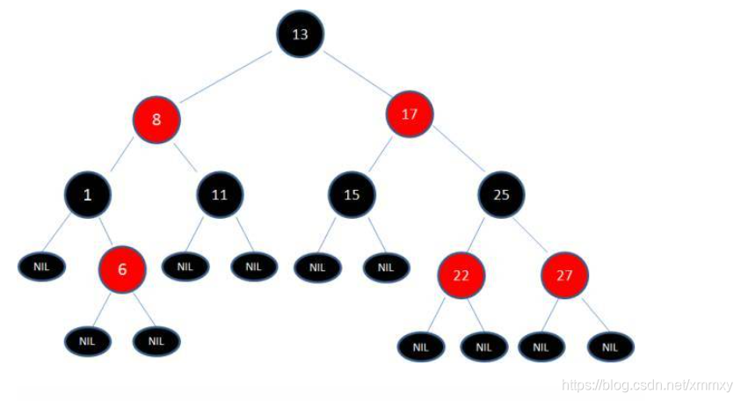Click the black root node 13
point(301,34)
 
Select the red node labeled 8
point(157,119)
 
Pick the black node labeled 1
point(87,195)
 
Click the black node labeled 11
point(220,195)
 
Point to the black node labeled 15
point(352,195)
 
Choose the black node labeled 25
point(501,195)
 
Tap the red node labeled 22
point(461,275)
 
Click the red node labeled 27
point(564,275)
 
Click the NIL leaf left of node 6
point(41,266)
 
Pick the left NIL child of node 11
point(185,266)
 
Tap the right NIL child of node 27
point(610,346)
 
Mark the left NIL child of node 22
point(420,346)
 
